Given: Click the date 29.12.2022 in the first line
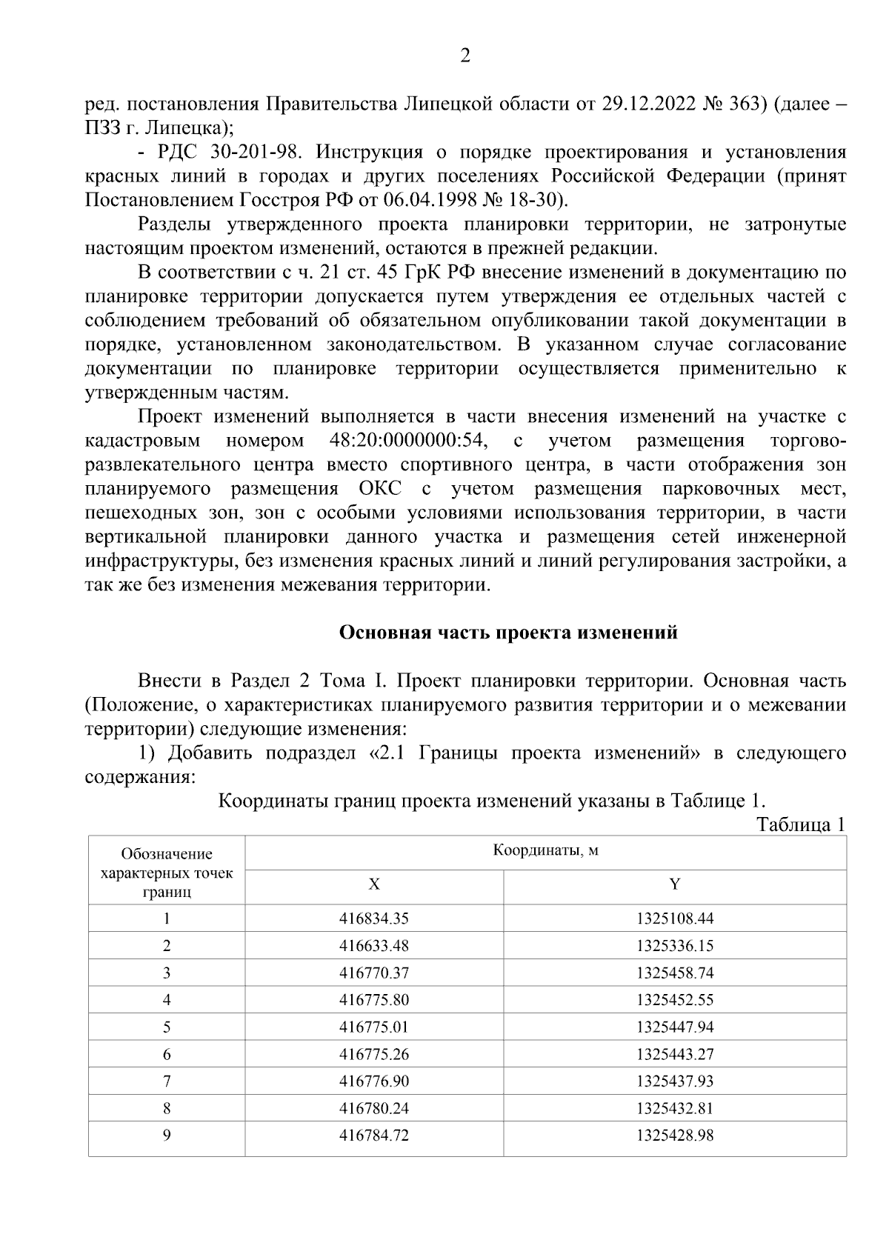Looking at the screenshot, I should [x=649, y=104].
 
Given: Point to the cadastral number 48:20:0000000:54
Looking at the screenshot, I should [x=407, y=441].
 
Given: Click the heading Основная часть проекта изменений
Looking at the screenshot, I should [x=508, y=633].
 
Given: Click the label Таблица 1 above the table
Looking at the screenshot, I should [x=800, y=825].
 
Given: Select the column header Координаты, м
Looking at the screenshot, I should [x=545, y=850].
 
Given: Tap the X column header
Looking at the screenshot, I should [x=374, y=884].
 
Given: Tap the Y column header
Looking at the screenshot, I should [x=674, y=884].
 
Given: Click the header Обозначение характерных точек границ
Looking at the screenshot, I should [x=167, y=873].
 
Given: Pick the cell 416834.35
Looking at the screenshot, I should [x=374, y=919].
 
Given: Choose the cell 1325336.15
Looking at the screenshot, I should [x=674, y=946].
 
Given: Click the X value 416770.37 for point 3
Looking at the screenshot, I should [x=374, y=973].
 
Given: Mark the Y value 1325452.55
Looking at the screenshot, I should [x=674, y=1001].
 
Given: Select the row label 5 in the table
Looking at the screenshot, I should [x=167, y=1027].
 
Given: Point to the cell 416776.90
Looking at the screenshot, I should [x=374, y=1081].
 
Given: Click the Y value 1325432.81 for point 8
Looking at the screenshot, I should [x=674, y=1109].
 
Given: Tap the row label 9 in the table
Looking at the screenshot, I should [x=167, y=1136].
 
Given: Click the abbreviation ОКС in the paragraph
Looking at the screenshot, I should [x=380, y=490].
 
